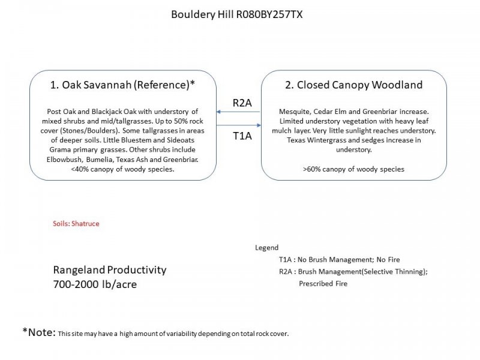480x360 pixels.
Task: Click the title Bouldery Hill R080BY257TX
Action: click(x=237, y=14)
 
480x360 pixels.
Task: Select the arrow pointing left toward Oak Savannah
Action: click(x=239, y=112)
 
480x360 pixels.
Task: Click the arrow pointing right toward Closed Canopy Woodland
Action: click(x=239, y=125)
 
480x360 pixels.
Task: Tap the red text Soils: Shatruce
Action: click(x=76, y=223)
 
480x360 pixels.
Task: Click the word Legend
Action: click(x=266, y=247)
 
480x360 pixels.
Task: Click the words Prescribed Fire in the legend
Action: click(x=323, y=283)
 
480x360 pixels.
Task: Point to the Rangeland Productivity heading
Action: click(x=110, y=270)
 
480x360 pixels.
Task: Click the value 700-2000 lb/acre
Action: click(x=95, y=284)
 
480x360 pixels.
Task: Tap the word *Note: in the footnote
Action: click(x=39, y=332)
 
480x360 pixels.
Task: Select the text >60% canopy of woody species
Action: click(x=353, y=169)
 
